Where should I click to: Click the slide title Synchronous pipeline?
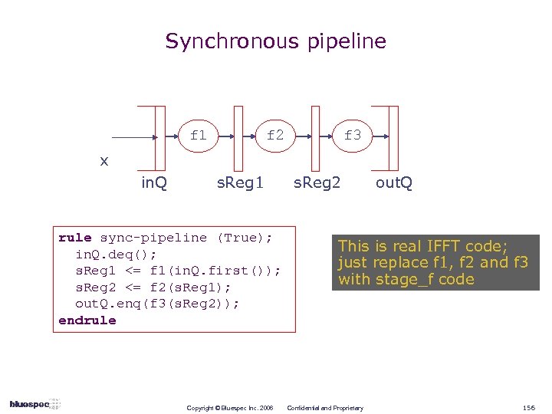276,41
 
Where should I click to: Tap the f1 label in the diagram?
198,136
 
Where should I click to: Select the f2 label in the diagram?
274,136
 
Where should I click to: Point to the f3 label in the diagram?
353,136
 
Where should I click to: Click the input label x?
104,161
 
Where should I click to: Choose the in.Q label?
155,183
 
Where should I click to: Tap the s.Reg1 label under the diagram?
240,183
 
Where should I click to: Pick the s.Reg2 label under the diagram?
317,183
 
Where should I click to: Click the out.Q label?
393,183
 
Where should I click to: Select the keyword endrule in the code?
87,320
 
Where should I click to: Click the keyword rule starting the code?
74,238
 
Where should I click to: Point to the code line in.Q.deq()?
117,254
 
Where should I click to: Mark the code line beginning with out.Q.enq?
157,304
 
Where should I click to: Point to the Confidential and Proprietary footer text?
324,407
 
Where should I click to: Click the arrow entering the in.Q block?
134,139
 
